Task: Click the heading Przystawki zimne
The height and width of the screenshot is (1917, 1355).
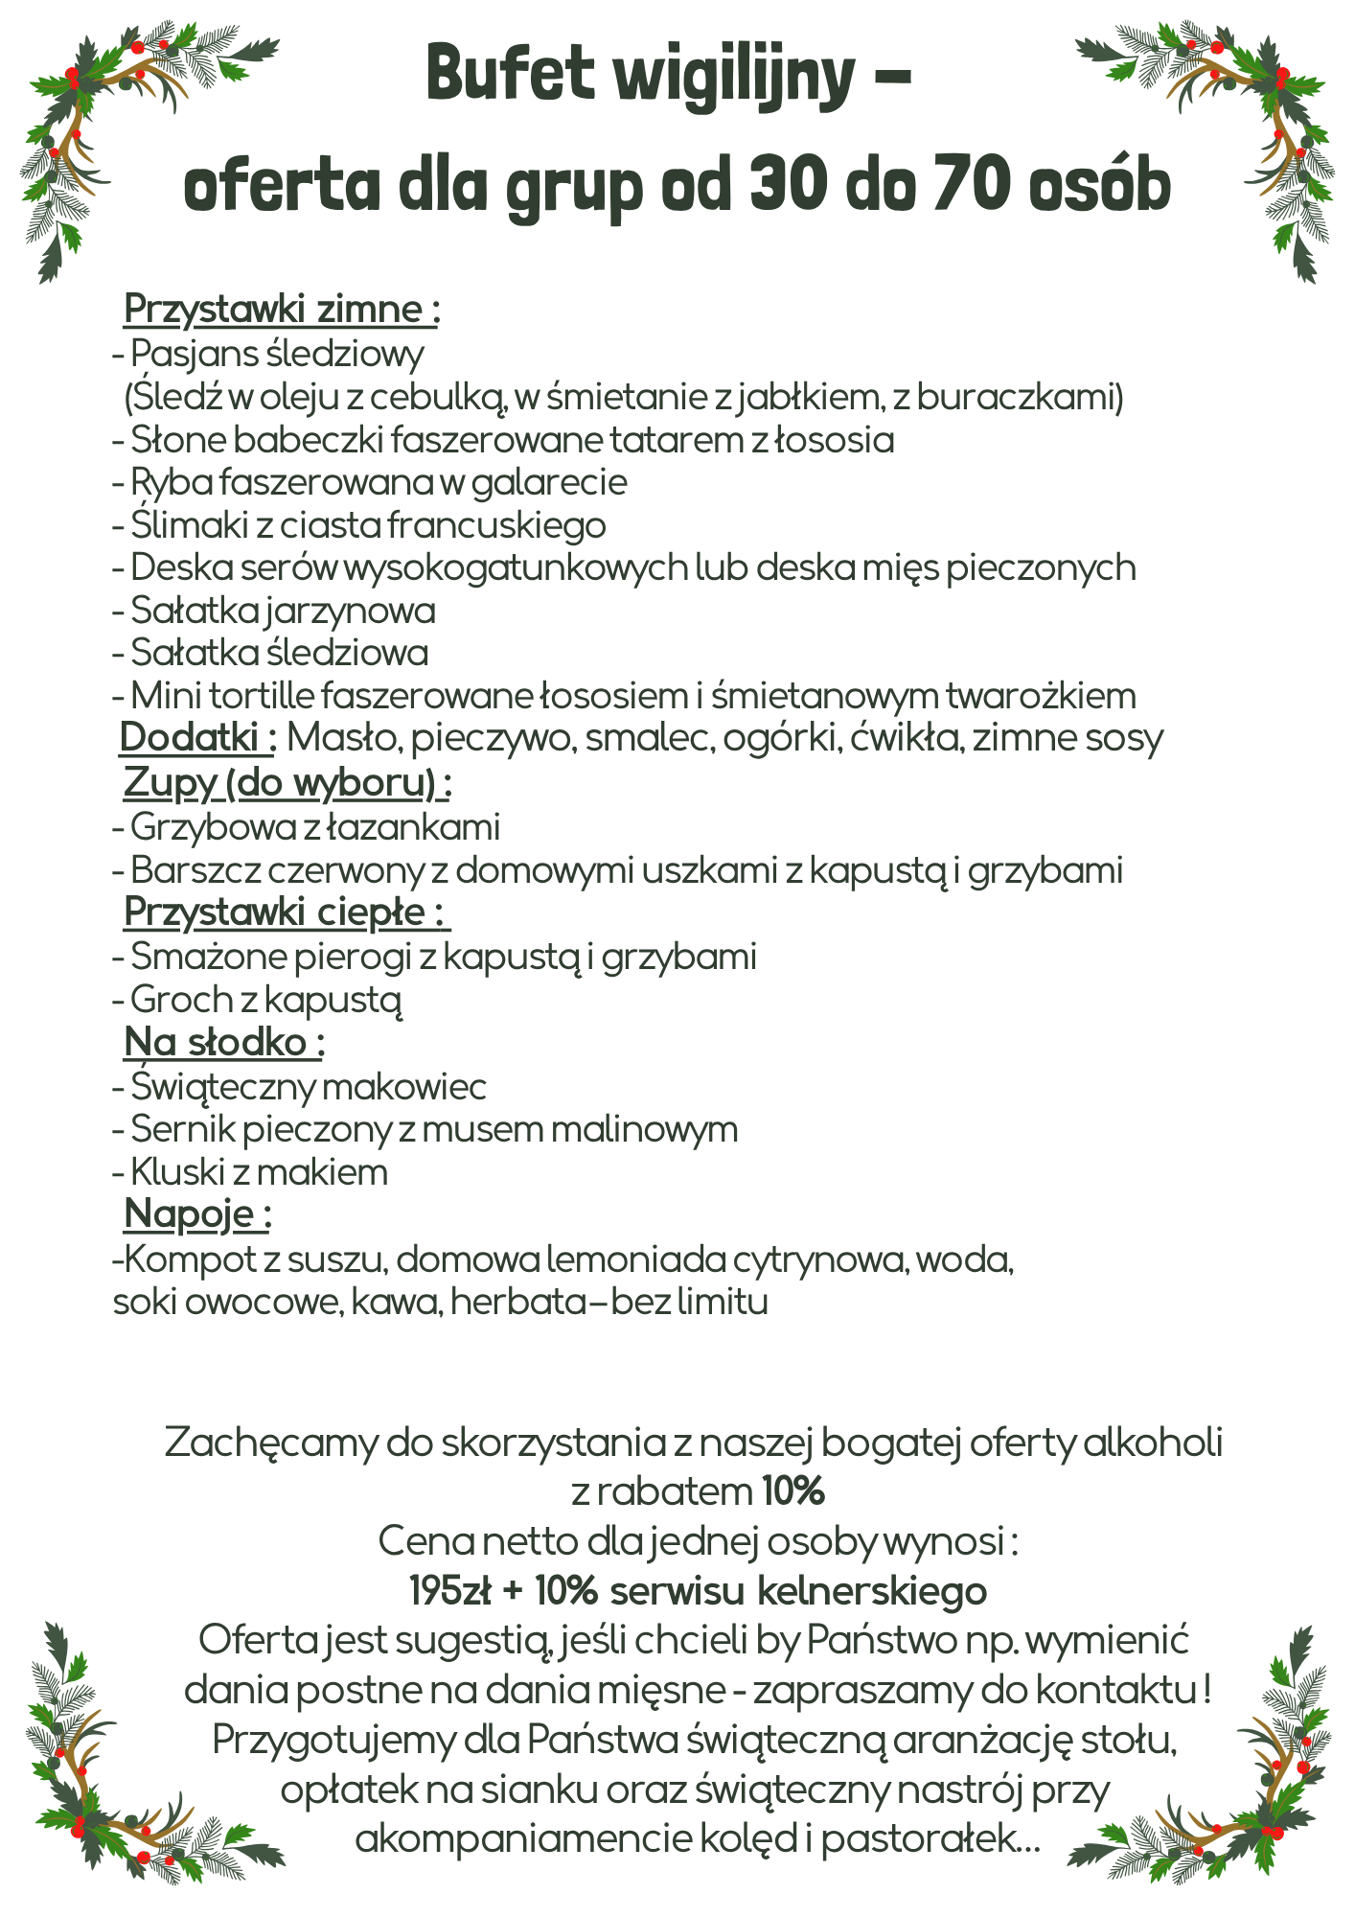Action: (x=282, y=310)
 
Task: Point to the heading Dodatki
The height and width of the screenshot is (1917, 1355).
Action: (x=197, y=738)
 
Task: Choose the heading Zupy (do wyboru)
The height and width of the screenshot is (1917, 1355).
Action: (x=287, y=782)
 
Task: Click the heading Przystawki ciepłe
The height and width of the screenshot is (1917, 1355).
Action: (x=287, y=912)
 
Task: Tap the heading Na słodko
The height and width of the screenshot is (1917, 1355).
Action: (x=224, y=1041)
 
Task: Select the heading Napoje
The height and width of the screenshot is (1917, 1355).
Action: (x=197, y=1213)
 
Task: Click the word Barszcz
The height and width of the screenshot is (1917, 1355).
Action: (x=195, y=870)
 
